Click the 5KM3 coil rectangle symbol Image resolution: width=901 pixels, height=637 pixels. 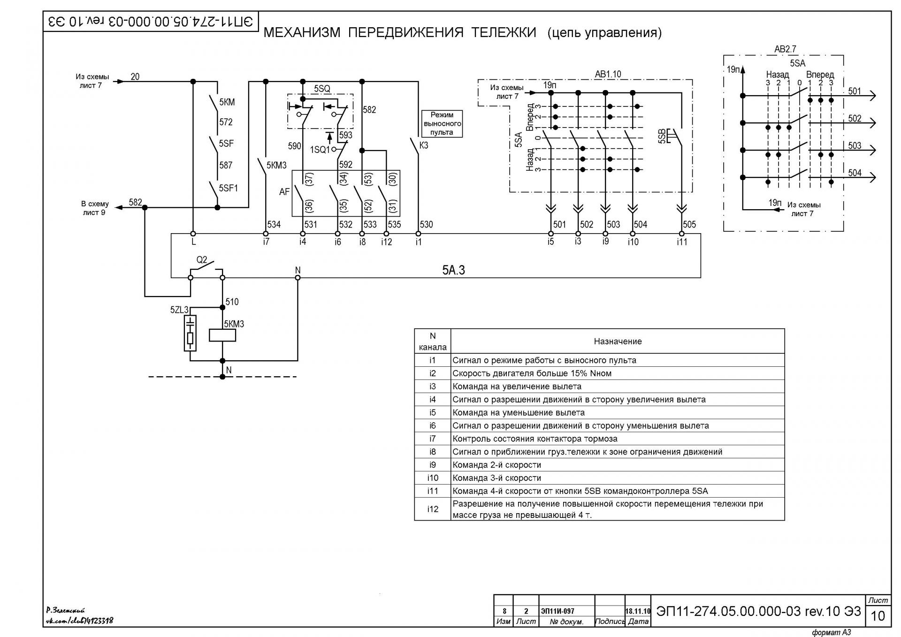click(222, 335)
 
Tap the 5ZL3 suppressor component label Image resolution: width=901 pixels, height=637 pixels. click(179, 310)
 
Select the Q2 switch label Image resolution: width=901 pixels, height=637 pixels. click(202, 260)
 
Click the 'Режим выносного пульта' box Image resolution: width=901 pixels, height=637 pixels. click(442, 124)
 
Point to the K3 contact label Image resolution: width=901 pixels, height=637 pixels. click(424, 145)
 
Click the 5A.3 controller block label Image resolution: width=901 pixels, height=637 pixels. click(453, 270)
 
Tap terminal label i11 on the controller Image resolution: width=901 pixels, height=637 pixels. click(682, 242)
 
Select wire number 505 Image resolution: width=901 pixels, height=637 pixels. click(689, 225)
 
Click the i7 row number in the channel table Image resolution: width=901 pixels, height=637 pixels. click(433, 439)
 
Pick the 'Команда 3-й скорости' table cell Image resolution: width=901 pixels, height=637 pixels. click(496, 478)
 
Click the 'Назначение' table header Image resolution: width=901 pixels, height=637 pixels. click(618, 341)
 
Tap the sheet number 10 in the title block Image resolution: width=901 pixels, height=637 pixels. click(878, 615)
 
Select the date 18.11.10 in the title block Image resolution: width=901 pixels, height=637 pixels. click(638, 611)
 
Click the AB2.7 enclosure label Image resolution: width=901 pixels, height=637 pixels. click(785, 49)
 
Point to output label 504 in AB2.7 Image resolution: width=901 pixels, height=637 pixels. click(855, 173)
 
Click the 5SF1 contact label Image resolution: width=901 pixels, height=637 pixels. click(229, 188)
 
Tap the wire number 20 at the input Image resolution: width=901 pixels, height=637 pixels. click(135, 76)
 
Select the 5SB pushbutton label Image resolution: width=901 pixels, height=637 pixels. click(662, 136)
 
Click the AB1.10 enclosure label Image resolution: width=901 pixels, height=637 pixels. click(608, 74)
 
